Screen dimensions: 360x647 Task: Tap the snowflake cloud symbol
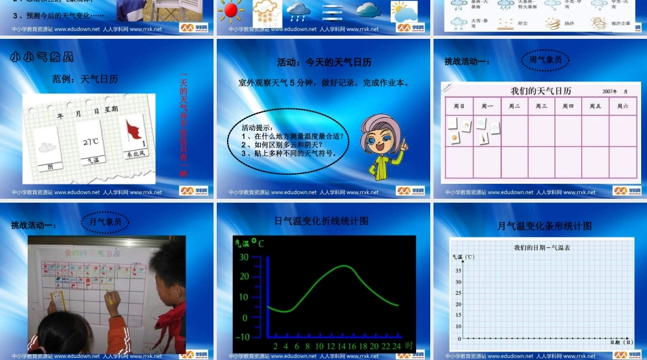265,10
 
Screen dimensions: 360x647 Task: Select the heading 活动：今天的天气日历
324,62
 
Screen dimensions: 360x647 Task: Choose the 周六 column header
622,106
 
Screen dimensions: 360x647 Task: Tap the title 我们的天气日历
541,91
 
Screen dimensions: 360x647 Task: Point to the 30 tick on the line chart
243,257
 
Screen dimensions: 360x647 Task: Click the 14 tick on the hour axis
341,346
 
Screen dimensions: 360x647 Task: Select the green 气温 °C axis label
249,243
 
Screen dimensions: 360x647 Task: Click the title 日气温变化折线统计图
322,221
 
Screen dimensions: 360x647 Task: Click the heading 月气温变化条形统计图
544,226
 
